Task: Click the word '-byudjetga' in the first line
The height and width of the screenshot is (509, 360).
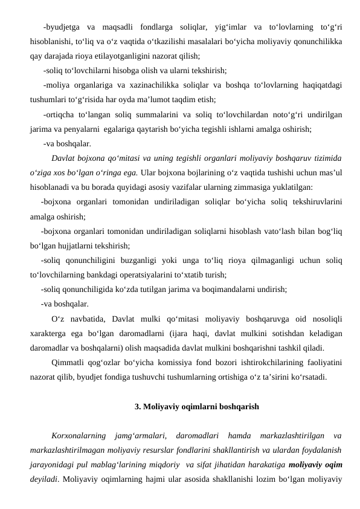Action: pos(60,27)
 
